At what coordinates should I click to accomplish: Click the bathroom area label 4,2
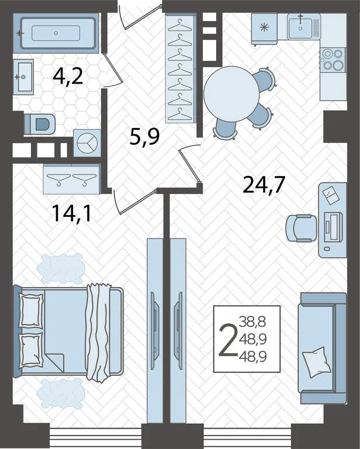[68, 77]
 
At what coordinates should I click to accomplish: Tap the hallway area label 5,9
[144, 137]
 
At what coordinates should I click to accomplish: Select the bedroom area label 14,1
[71, 213]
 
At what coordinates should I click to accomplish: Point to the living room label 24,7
[264, 185]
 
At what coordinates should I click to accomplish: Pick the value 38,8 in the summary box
[252, 322]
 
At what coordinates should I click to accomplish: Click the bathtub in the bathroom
[58, 33]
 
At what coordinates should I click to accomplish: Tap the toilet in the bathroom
[40, 125]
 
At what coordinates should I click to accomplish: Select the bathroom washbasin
[23, 77]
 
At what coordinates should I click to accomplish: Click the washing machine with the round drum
[87, 143]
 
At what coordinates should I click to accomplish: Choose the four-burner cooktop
[333, 60]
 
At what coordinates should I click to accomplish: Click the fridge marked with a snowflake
[264, 29]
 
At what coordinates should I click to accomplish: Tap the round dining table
[231, 94]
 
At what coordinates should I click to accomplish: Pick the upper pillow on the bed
[30, 310]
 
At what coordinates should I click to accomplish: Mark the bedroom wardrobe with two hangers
[71, 179]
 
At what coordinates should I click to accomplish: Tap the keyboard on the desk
[333, 227]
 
